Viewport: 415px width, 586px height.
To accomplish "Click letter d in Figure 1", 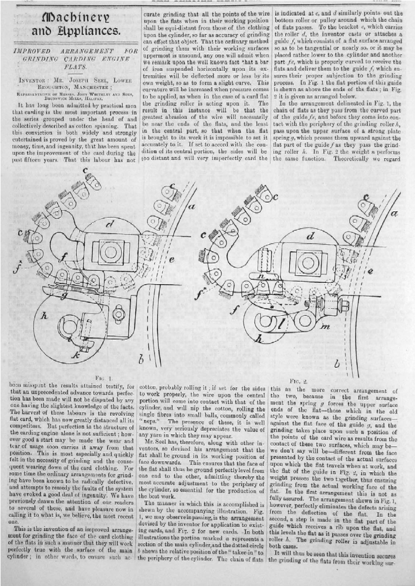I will pos(110,224).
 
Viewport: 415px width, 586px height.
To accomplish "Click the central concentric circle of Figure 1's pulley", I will pos(109,251).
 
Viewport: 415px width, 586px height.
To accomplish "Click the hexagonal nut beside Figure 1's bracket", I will pos(121,313).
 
